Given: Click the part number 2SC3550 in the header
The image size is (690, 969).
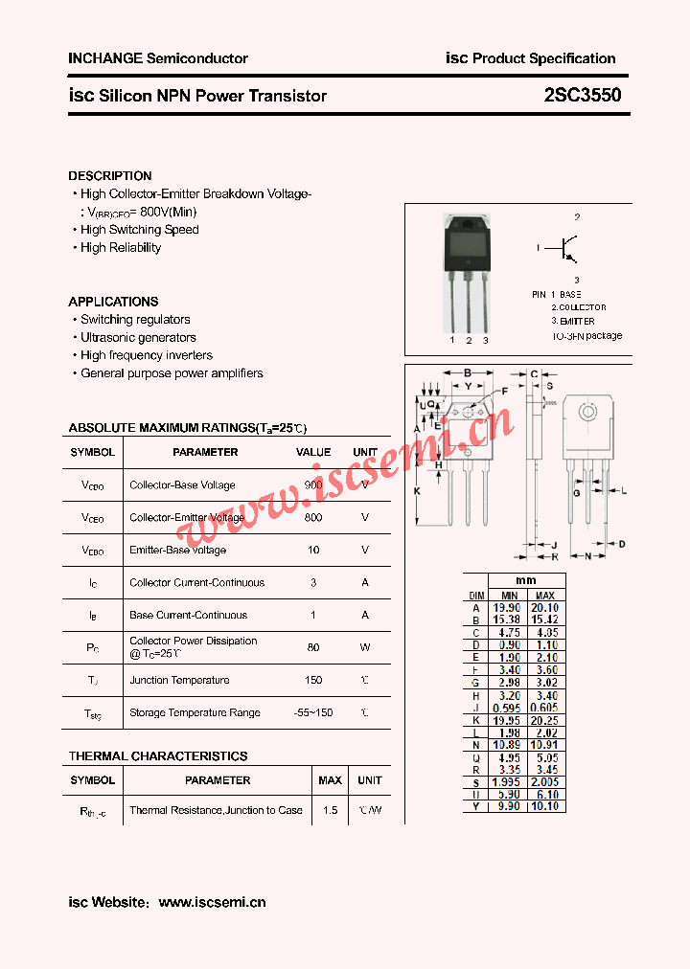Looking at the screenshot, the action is point(582,96).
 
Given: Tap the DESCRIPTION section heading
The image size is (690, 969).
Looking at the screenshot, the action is point(110,176).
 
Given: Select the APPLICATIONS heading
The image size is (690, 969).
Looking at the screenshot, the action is point(113,302).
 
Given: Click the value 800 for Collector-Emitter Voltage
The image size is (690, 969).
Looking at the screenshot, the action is point(313,517).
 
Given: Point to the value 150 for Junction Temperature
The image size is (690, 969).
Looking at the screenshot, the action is point(313,680).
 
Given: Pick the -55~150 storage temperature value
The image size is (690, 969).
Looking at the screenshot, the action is point(313,712).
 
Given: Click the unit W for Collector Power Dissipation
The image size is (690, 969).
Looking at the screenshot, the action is point(365,647).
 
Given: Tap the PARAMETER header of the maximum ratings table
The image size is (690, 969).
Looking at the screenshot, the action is point(205,452).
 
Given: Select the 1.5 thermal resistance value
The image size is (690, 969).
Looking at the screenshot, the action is point(330,810).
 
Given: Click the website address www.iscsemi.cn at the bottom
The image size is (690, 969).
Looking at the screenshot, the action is point(212,902).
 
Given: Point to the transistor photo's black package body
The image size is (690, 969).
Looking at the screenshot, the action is point(469,245).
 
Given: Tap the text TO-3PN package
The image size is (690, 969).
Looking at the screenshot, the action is point(586,336).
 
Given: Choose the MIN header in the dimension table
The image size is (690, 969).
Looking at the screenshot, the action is point(509,596).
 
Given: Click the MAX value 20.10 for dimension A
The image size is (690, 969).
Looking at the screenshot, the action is point(544,608).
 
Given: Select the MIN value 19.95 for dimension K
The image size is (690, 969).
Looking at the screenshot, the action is point(509,720).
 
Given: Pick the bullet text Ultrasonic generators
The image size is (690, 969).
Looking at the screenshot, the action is point(138,338).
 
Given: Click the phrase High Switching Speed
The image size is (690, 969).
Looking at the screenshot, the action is point(140,230).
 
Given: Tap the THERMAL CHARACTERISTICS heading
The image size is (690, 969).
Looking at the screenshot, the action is point(158,756).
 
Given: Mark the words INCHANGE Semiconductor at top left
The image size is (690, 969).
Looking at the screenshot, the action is point(158,58).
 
